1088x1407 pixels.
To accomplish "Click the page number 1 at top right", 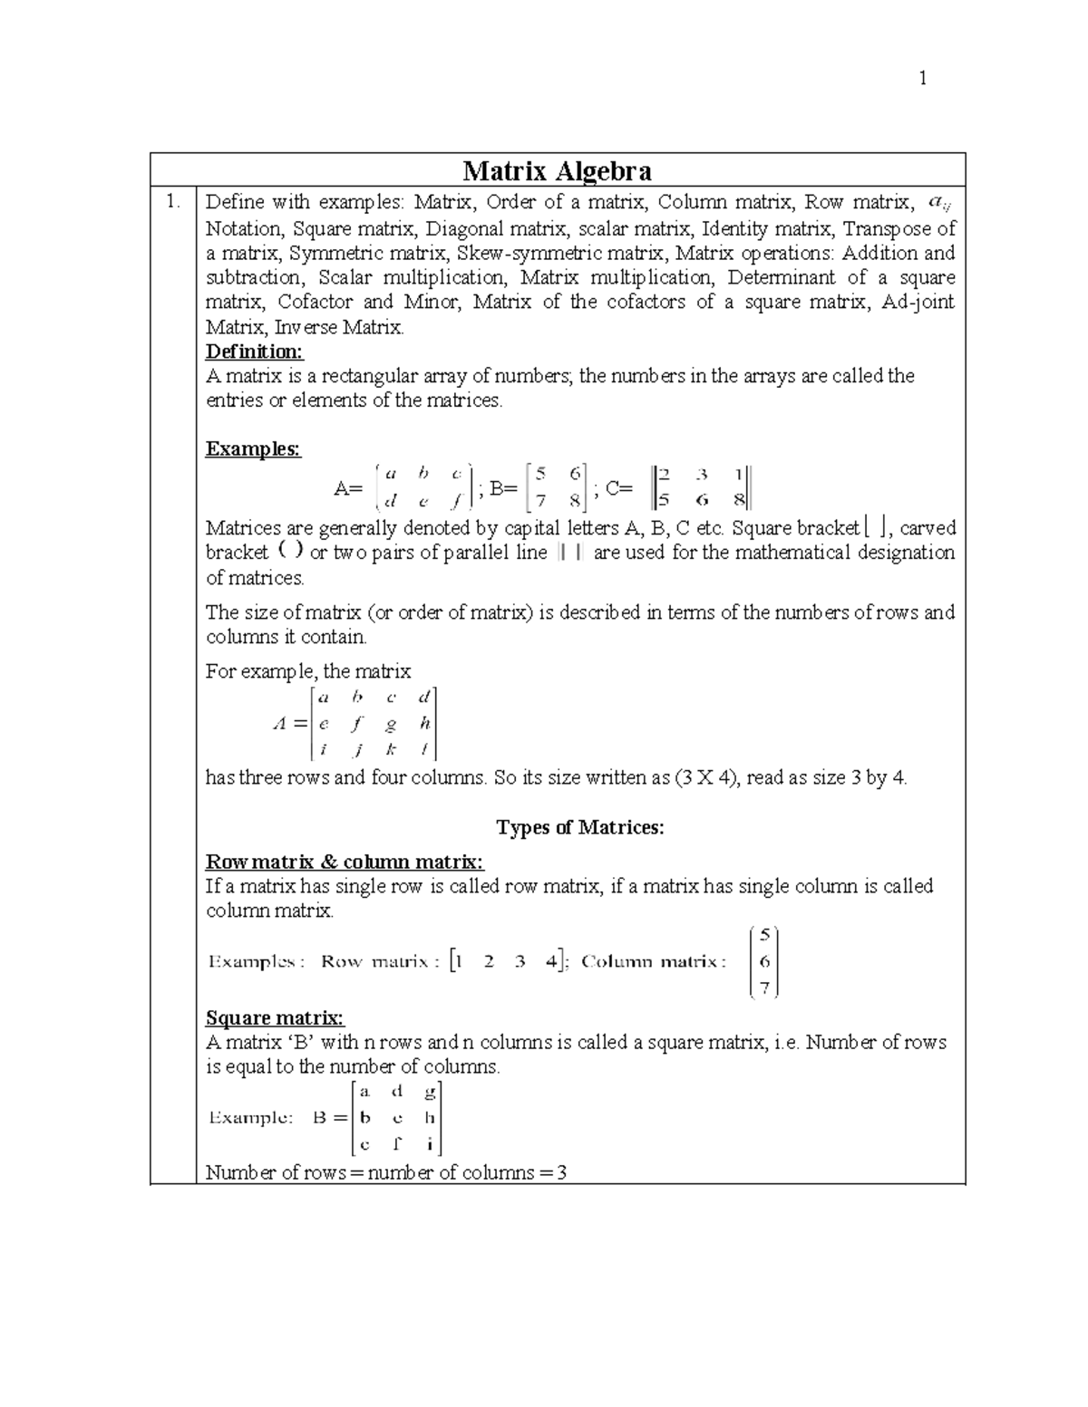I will (x=922, y=79).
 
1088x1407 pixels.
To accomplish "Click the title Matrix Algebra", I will (x=557, y=170).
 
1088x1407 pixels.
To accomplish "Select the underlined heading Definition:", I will (x=255, y=351).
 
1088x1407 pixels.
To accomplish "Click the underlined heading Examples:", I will (x=253, y=448).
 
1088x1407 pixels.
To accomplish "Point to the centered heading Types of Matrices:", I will (x=580, y=827).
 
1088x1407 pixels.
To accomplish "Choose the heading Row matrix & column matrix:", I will (x=345, y=861).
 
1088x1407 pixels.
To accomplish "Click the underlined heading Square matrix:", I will (x=275, y=1017).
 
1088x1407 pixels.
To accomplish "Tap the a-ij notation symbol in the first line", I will (x=939, y=202).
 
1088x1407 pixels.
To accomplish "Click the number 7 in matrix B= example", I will (x=540, y=499).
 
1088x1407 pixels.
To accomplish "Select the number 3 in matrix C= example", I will (x=701, y=474).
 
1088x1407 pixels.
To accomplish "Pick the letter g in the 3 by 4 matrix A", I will (x=391, y=724).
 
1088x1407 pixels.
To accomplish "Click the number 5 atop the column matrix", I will (x=764, y=937).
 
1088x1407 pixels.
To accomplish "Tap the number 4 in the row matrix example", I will (x=551, y=962).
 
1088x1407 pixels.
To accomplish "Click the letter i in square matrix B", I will (x=430, y=1144).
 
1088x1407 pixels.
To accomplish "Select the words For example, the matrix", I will (x=308, y=671).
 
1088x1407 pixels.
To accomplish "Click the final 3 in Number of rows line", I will (x=561, y=1173).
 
